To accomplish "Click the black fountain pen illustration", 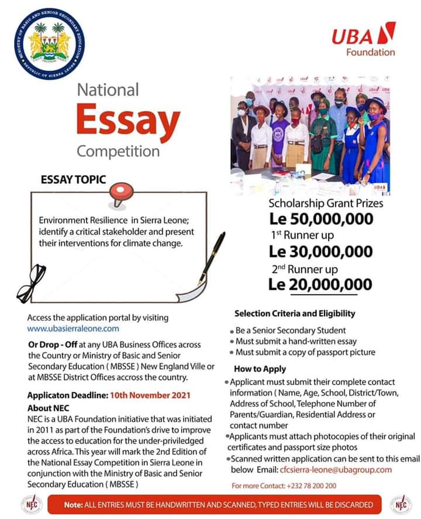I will [211, 257].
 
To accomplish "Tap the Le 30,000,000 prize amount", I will [320, 252].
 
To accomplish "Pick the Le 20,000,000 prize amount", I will [320, 284].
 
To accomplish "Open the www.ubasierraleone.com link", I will [73, 329].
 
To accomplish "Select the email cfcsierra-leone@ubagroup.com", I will [334, 470].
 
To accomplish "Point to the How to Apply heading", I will [260, 369].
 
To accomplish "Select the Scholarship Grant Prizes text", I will [326, 204].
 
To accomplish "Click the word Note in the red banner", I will [73, 504].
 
